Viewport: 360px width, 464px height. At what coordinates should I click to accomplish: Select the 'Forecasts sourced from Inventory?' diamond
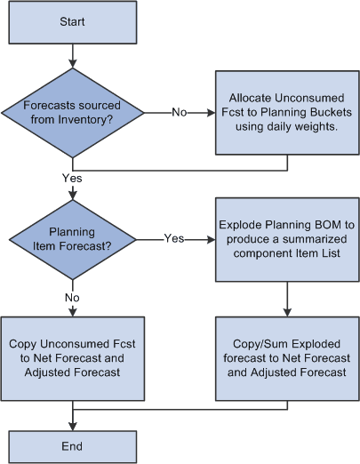[x=71, y=113]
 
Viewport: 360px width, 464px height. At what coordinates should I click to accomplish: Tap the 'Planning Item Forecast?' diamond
[x=71, y=238]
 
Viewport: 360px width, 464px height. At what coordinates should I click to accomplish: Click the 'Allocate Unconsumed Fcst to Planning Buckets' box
[x=287, y=113]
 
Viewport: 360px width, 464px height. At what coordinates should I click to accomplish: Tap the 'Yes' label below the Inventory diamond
[x=73, y=178]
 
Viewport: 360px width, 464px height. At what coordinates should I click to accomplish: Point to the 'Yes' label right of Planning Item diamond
[x=174, y=238]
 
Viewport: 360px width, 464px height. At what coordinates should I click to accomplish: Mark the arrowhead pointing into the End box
[x=71, y=426]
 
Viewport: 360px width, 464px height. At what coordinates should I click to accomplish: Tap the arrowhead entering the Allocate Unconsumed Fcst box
[x=210, y=113]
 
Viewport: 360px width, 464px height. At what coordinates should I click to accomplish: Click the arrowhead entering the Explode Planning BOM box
[x=210, y=238]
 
